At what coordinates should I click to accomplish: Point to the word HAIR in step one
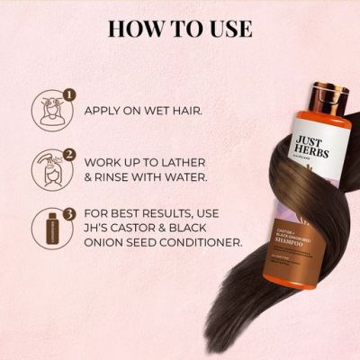(185, 112)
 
